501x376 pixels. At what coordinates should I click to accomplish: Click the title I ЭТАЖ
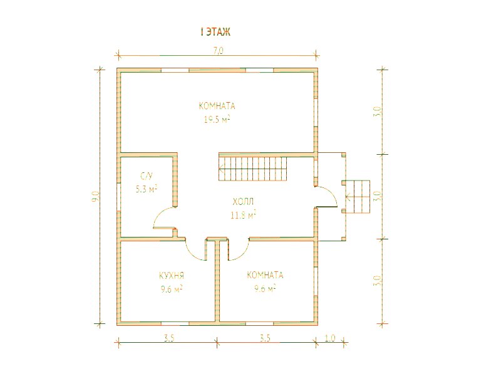pyautogui.click(x=215, y=32)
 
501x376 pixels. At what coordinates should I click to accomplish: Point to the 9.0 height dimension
pyautogui.click(x=96, y=196)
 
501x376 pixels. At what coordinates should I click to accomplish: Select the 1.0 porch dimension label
pyautogui.click(x=330, y=338)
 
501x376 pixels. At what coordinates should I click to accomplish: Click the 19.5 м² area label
pyautogui.click(x=217, y=120)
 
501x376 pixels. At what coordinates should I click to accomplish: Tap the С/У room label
pyautogui.click(x=147, y=176)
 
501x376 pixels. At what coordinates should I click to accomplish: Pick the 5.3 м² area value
pyautogui.click(x=147, y=189)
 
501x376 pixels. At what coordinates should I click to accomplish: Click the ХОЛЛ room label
pyautogui.click(x=243, y=202)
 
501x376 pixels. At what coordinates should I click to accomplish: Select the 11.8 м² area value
pyautogui.click(x=243, y=215)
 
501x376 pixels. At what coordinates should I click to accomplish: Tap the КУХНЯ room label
pyautogui.click(x=172, y=276)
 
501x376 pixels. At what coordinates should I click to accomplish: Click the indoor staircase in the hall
pyautogui.click(x=253, y=167)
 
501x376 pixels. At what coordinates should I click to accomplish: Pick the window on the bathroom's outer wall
pyautogui.click(x=118, y=196)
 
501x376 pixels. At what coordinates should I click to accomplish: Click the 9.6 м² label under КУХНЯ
pyautogui.click(x=172, y=290)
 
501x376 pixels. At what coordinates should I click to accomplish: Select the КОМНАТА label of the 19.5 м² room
pyautogui.click(x=217, y=106)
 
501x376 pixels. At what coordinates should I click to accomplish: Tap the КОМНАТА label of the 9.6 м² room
pyautogui.click(x=265, y=275)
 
